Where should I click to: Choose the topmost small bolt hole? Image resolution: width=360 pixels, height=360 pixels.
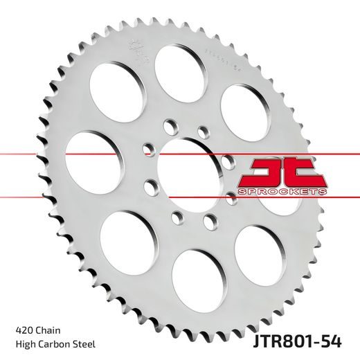169,125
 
